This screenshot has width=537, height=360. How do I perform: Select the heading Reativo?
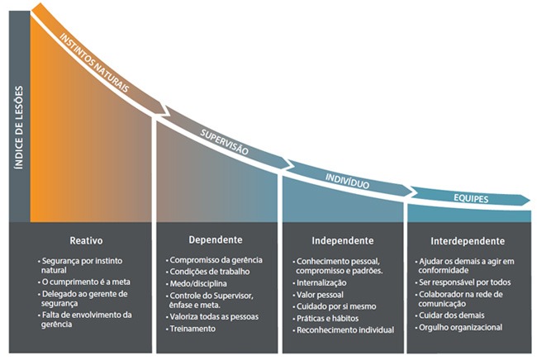(86, 241)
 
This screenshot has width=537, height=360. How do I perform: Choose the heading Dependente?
(216, 240)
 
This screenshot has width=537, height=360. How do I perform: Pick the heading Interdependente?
(468, 241)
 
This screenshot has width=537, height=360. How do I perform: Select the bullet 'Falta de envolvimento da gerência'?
(88, 319)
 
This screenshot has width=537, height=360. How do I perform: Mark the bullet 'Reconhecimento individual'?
(347, 330)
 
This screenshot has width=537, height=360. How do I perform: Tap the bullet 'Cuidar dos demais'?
(449, 315)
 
